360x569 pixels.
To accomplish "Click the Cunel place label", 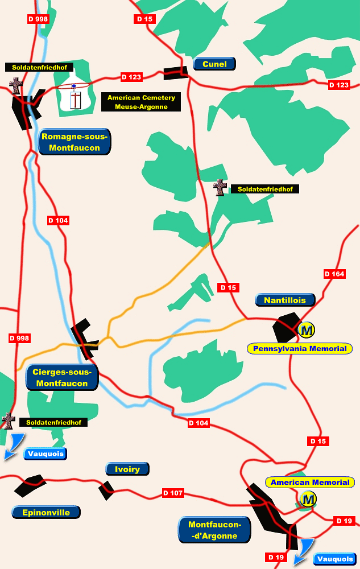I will [x=214, y=64].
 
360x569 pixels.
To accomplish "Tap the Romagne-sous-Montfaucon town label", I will [x=75, y=142].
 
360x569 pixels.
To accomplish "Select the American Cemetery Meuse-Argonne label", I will [x=141, y=102].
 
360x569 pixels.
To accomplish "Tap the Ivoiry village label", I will [x=127, y=469].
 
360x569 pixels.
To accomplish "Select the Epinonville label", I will [x=46, y=512].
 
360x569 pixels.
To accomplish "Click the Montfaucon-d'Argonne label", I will [x=215, y=530].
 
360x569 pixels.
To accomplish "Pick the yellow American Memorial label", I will [x=310, y=483].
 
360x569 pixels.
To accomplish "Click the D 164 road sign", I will [x=334, y=274].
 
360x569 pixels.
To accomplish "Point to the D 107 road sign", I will [x=173, y=493].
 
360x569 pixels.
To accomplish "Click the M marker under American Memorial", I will [x=308, y=500].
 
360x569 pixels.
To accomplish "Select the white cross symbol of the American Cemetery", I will [x=75, y=100].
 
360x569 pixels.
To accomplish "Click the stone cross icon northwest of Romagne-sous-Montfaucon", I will [x=16, y=86].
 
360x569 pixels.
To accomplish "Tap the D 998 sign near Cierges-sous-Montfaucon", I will [x=19, y=338].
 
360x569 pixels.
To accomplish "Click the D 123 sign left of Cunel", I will [x=131, y=76].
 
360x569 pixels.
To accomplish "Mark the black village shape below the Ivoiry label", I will [x=106, y=490].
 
